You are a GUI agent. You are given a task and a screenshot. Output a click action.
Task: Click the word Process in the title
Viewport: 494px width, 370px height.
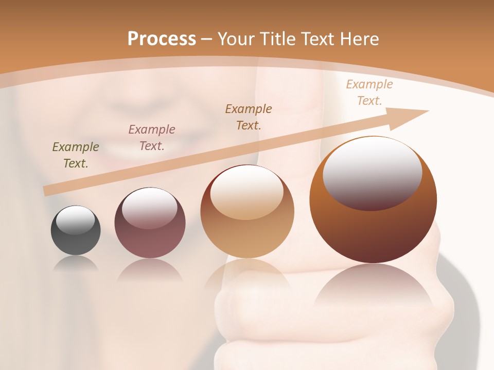click(x=162, y=39)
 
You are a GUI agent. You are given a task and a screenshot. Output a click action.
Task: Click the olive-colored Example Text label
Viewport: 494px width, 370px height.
click(x=76, y=155)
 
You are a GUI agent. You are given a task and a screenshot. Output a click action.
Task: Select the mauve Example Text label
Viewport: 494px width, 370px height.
click(x=152, y=138)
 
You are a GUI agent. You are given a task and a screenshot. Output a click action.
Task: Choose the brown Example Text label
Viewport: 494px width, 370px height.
click(x=249, y=117)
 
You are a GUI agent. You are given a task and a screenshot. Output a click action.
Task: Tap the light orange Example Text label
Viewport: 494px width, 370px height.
click(x=369, y=92)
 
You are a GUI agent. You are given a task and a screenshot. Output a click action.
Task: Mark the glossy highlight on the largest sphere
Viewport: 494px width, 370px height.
click(x=372, y=174)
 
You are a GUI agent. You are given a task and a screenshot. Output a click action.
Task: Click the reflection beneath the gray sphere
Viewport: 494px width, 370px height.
click(x=76, y=264)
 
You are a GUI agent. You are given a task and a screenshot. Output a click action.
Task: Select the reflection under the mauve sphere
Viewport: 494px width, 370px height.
click(x=150, y=270)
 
